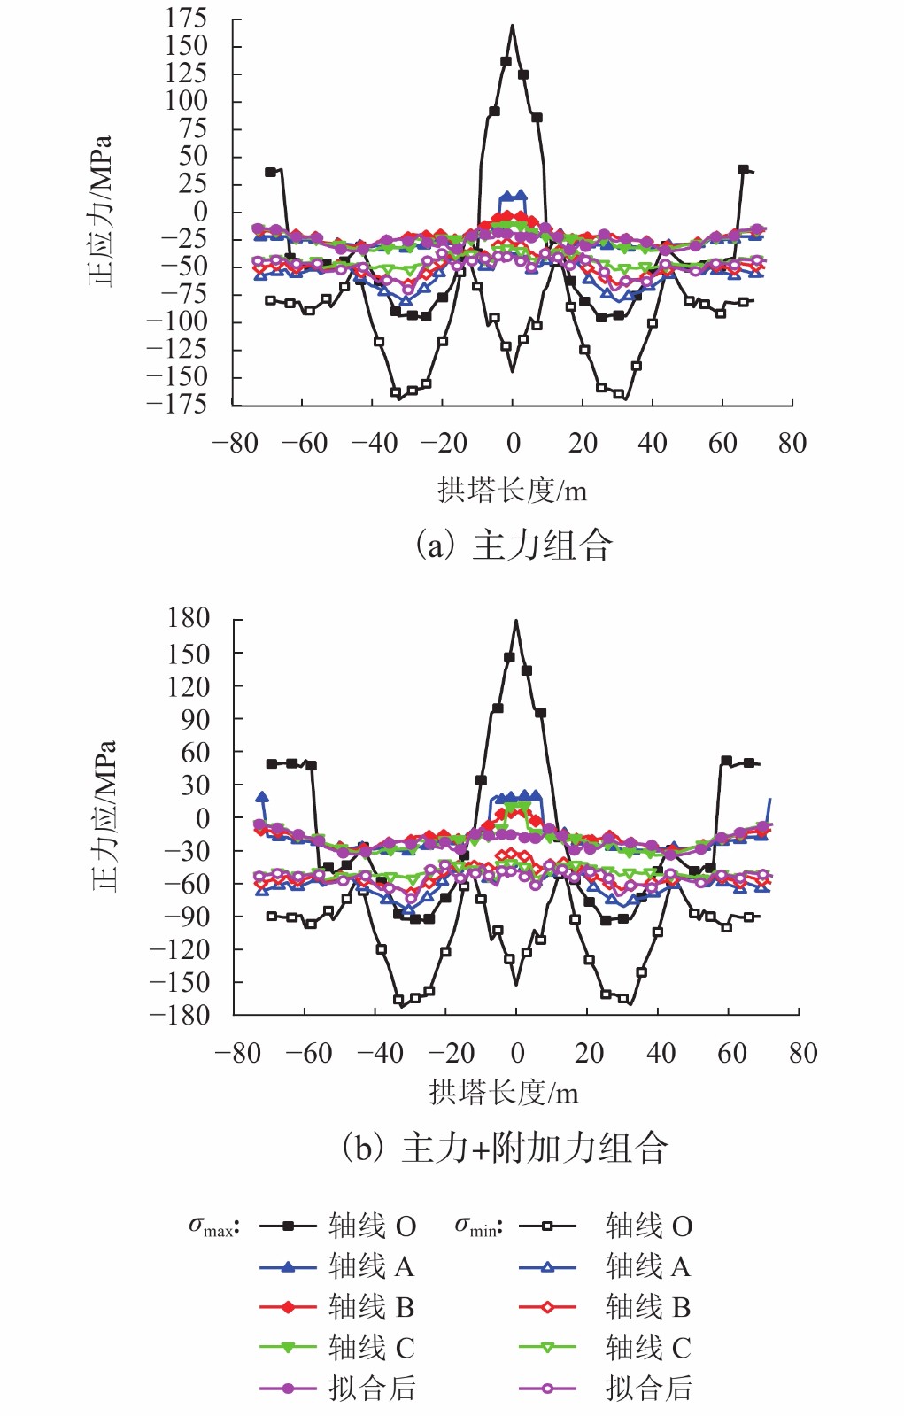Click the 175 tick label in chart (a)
click(x=186, y=18)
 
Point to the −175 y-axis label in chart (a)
click(x=176, y=404)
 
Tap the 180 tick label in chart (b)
click(x=189, y=618)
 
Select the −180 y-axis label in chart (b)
click(x=179, y=1015)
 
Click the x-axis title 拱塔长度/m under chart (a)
click(x=512, y=490)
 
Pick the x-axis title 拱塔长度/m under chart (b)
click(x=504, y=1093)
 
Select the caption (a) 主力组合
click(x=514, y=545)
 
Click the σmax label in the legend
click(x=213, y=1226)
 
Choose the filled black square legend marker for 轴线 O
click(x=288, y=1226)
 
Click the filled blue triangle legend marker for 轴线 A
click(x=288, y=1267)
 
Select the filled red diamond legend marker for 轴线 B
click(x=288, y=1307)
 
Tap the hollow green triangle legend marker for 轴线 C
click(x=547, y=1348)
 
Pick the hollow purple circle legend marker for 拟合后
click(x=547, y=1389)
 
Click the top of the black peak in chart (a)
click(x=512, y=26)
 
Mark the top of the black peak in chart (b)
click(x=516, y=621)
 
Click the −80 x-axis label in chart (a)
click(x=236, y=443)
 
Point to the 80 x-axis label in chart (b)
click(x=802, y=1053)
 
